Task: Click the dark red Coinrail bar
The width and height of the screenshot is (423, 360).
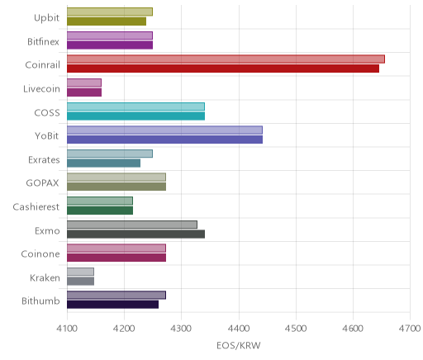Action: (x=223, y=69)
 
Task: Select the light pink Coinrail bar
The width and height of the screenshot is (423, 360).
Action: (x=226, y=59)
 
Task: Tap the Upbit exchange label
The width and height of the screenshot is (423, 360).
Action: (x=46, y=18)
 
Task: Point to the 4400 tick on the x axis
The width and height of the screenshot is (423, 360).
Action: (x=239, y=329)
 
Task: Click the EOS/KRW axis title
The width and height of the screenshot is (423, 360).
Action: (x=239, y=345)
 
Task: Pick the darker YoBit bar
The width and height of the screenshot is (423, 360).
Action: (x=164, y=140)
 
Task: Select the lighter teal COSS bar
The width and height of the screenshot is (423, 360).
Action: (x=135, y=107)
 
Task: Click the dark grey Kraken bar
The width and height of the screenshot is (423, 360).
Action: (x=80, y=282)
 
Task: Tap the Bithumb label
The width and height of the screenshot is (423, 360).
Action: (x=40, y=301)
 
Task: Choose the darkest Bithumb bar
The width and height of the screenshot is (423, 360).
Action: (x=112, y=305)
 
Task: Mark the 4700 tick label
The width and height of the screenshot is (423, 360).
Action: (x=410, y=329)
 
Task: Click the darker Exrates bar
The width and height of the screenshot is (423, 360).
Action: (x=103, y=163)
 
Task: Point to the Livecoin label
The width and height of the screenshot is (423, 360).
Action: (x=41, y=89)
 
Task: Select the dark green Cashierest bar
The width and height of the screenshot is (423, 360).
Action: (x=100, y=211)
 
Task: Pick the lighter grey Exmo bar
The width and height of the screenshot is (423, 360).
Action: (x=132, y=225)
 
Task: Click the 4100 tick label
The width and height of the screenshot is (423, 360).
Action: (x=67, y=329)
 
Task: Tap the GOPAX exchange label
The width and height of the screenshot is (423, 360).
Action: (x=42, y=183)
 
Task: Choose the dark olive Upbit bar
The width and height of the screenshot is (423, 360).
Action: (x=107, y=21)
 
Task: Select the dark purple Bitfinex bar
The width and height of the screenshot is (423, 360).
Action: (x=110, y=45)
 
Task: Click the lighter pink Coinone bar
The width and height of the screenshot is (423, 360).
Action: (x=116, y=249)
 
